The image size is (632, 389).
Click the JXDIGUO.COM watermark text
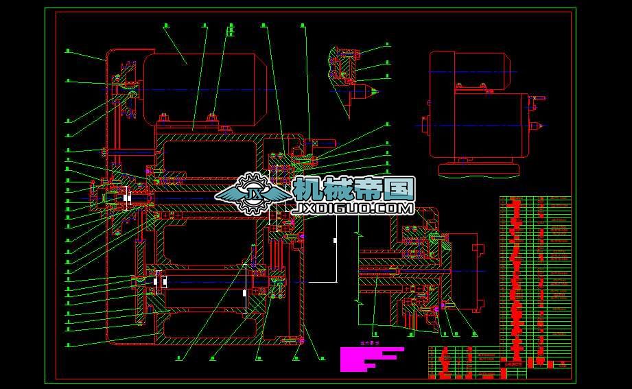pyautogui.click(x=353, y=207)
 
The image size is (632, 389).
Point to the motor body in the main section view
pyautogui.click(x=206, y=89)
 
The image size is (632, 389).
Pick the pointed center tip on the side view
pyautogui.click(x=539, y=126)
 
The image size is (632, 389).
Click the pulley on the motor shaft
pyautogui.click(x=127, y=89)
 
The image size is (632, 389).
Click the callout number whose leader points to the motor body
pyautogui.click(x=165, y=26)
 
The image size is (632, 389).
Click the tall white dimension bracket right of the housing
pyautogui.click(x=335, y=241)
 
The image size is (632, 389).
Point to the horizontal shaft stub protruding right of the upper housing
pyautogui.click(x=323, y=143)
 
